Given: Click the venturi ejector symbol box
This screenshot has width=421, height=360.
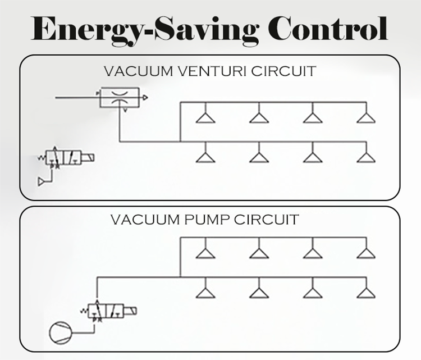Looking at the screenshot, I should pyautogui.click(x=120, y=98).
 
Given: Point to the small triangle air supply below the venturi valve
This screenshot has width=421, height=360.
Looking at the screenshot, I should pyautogui.click(x=41, y=181).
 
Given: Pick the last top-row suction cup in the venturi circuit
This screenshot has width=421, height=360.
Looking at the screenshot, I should pyautogui.click(x=366, y=117).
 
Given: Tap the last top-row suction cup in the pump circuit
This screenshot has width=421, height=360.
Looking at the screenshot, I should pyautogui.click(x=366, y=253).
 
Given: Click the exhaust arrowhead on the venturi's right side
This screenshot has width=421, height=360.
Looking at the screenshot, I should pyautogui.click(x=145, y=98).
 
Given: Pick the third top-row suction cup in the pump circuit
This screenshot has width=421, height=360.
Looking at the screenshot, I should pyautogui.click(x=312, y=253).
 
